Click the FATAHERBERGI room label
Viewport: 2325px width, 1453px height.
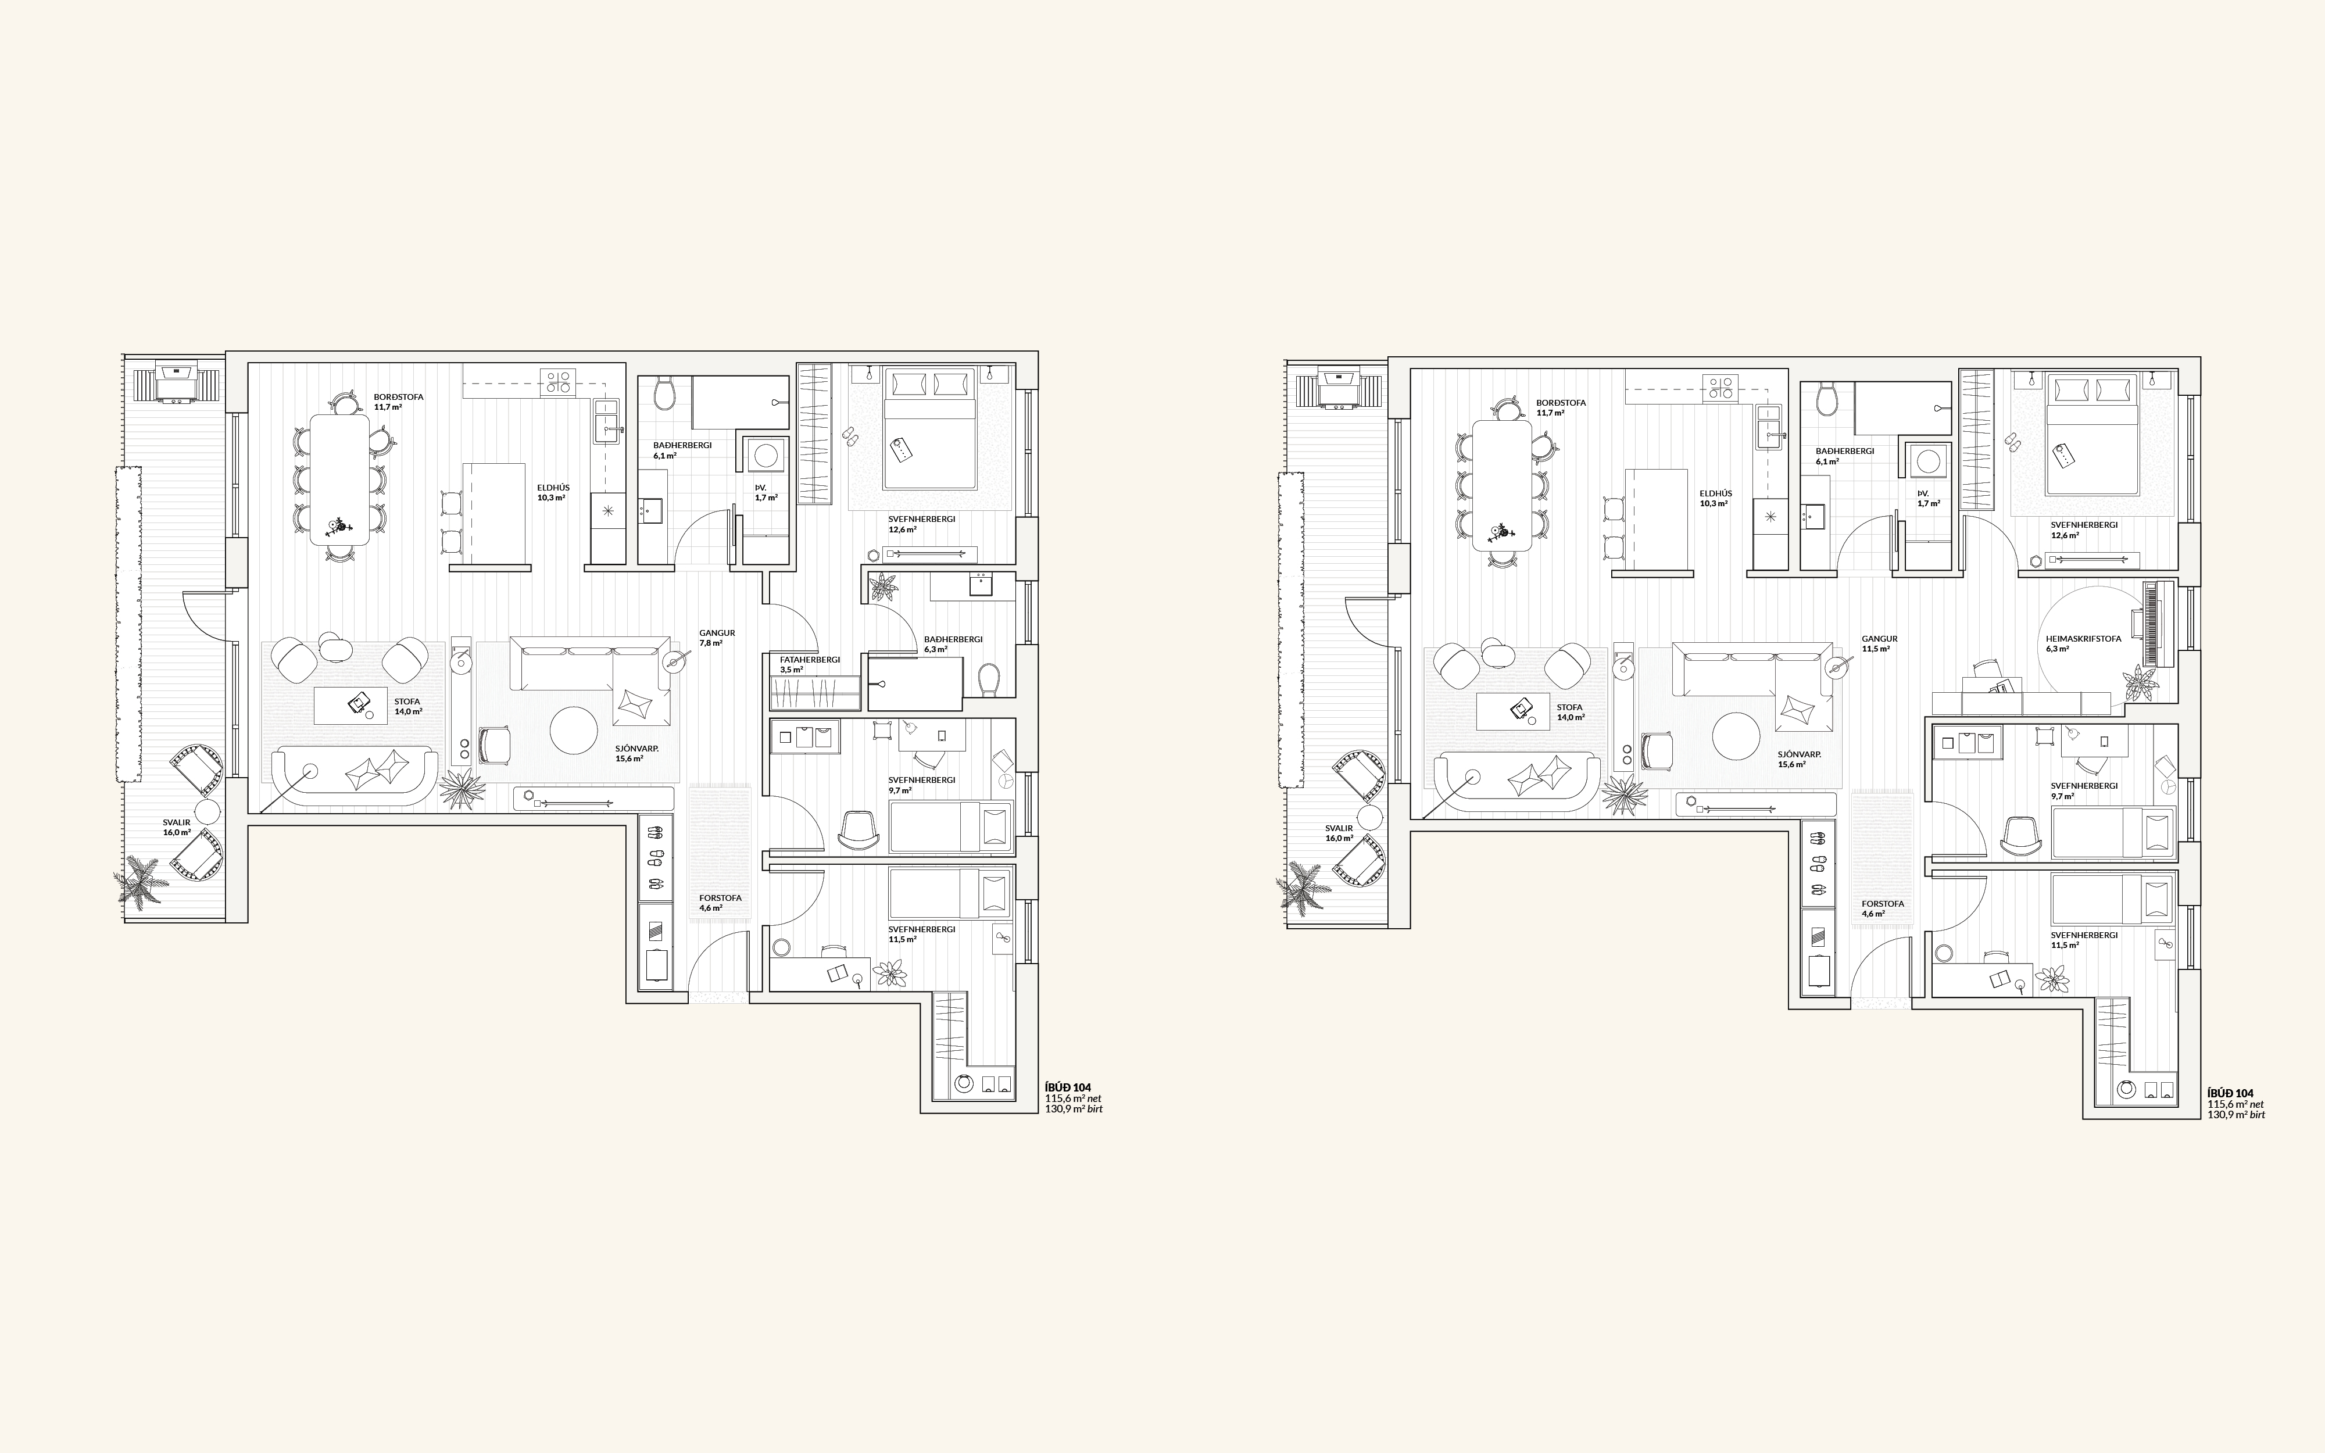(x=810, y=659)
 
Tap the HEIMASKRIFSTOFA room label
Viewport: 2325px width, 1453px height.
(x=2083, y=638)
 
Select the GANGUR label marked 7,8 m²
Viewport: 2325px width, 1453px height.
(x=717, y=634)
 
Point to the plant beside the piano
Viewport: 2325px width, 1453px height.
(x=2138, y=683)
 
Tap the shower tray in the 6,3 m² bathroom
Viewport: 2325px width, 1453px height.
(x=915, y=683)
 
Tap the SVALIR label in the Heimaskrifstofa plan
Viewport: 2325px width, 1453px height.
(x=1338, y=828)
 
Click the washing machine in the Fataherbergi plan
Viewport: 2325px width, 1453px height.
(x=766, y=456)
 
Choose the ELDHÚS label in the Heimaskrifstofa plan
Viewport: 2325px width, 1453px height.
(x=1716, y=493)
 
